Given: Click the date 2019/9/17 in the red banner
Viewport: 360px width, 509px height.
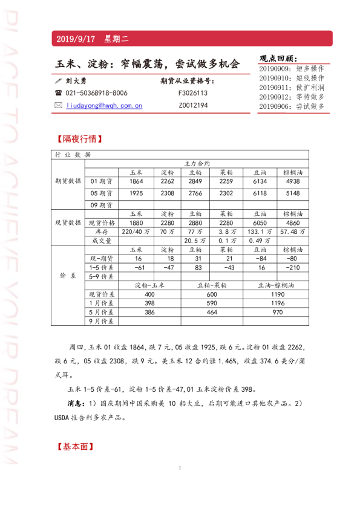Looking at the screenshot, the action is click(76, 39).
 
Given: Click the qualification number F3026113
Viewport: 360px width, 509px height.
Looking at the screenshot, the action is click(193, 93).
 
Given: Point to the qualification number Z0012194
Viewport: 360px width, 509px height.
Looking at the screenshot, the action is click(193, 105).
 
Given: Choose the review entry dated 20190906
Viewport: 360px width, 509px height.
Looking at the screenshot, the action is click(292, 106).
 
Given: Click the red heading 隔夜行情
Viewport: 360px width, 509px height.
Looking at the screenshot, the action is click(79, 138).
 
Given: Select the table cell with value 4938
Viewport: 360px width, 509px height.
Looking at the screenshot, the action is click(293, 181).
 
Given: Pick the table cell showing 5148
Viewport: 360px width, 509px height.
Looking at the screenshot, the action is click(293, 193).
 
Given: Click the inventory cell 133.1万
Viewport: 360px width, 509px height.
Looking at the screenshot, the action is click(260, 232).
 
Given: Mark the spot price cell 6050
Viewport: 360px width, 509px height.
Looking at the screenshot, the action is click(260, 222).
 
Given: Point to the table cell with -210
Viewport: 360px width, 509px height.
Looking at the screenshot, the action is click(293, 267).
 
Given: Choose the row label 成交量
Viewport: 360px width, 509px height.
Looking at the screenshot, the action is click(102, 241).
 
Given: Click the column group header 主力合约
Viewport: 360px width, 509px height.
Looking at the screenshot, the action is click(197, 163).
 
